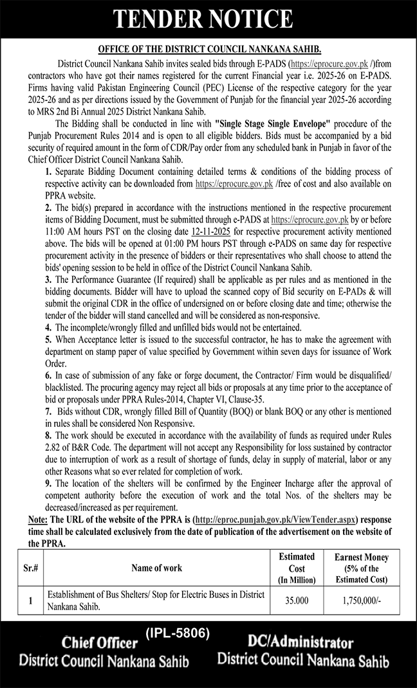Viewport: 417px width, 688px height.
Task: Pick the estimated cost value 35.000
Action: (x=296, y=601)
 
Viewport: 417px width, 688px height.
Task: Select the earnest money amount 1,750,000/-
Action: (x=361, y=601)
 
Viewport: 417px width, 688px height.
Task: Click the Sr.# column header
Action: (x=29, y=568)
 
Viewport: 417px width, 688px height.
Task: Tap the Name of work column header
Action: (x=156, y=568)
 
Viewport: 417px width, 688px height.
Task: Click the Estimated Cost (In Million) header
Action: (x=296, y=568)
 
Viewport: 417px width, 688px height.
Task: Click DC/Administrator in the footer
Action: (x=301, y=642)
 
